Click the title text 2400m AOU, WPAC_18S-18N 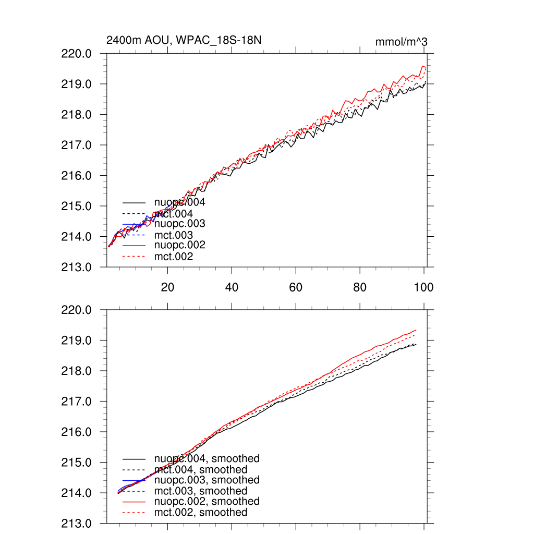183,41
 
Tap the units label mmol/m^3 402,41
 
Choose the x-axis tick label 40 232,287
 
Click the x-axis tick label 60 296,287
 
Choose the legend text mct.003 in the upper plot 173,235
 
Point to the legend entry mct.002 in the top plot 173,257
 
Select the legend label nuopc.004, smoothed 207,459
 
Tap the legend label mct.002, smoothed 201,513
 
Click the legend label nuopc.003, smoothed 207,480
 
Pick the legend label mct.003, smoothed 201,491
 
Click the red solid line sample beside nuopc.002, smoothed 134,502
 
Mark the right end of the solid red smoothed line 416,330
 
